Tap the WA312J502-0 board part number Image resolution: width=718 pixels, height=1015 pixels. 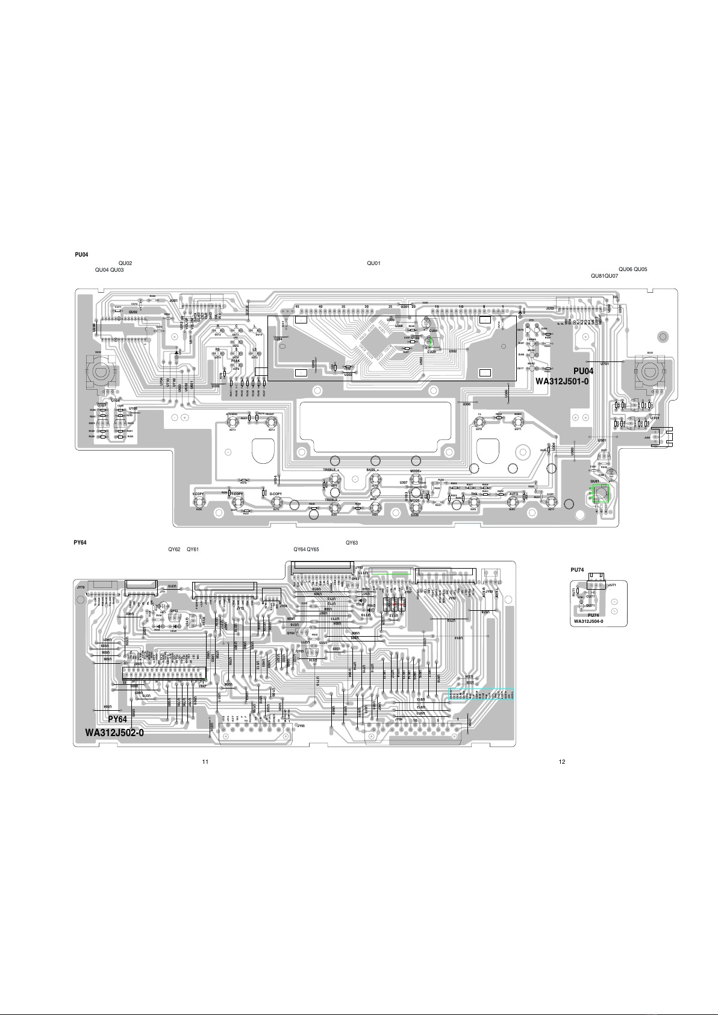click(x=114, y=732)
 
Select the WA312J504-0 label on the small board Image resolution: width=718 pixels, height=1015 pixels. click(x=588, y=622)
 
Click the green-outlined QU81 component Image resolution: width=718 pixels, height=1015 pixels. click(x=601, y=495)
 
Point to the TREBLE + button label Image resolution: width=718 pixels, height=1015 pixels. click(x=332, y=470)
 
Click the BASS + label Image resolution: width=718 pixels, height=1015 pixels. click(x=372, y=470)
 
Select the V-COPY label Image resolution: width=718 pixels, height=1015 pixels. click(x=198, y=494)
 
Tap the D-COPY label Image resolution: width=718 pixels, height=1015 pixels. click(x=276, y=494)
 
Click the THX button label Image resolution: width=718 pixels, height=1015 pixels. click(x=474, y=494)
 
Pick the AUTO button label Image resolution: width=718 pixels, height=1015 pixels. click(x=513, y=494)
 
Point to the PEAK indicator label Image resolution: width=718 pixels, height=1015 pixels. click(x=236, y=361)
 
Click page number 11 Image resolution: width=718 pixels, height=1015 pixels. click(x=205, y=762)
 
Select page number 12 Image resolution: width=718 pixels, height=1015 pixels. click(x=562, y=762)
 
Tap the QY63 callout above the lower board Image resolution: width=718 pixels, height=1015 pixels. click(x=352, y=543)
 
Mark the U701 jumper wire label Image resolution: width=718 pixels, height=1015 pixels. click(x=605, y=364)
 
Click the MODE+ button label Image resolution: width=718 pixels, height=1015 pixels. click(x=415, y=470)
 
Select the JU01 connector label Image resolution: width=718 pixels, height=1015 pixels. click(x=173, y=300)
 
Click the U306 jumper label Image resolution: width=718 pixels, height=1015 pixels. click(x=466, y=404)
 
